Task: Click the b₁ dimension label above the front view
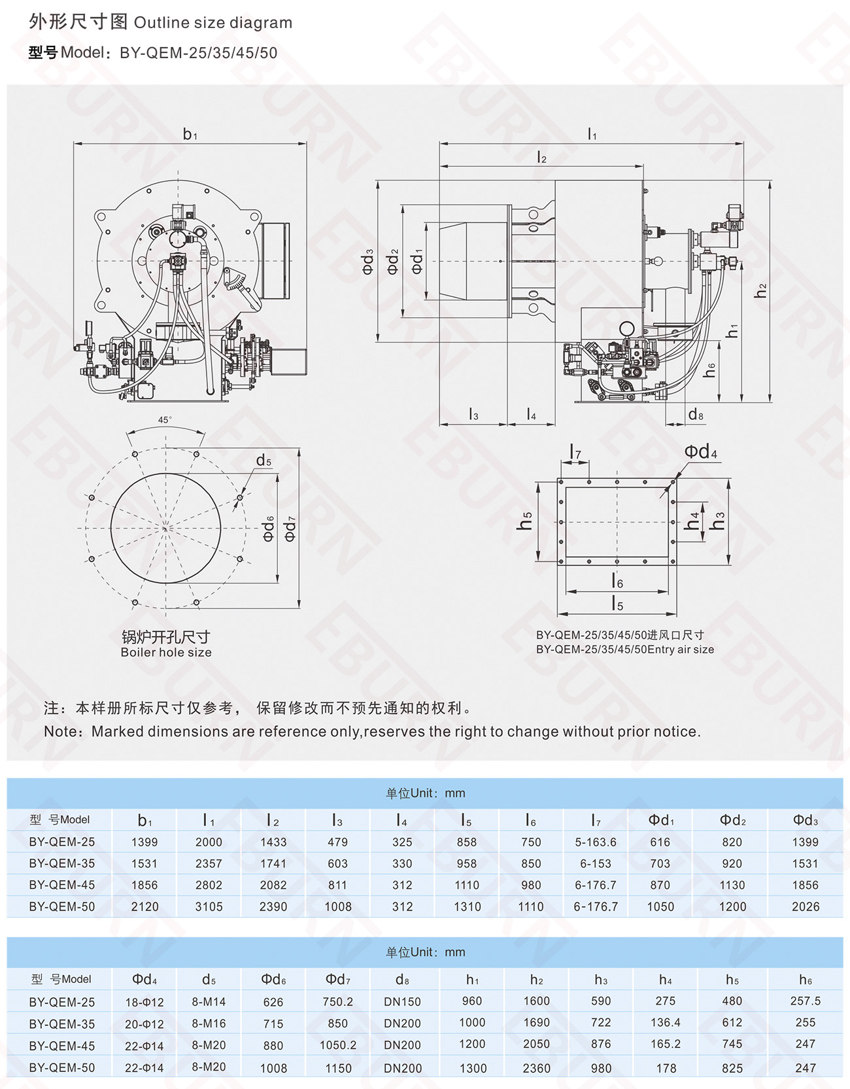tap(190, 135)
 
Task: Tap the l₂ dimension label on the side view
tap(541, 158)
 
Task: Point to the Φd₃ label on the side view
tap(368, 261)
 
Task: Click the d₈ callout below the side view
tap(696, 415)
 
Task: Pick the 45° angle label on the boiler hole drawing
tap(165, 420)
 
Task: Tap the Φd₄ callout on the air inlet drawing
tap(700, 452)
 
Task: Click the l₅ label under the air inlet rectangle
tap(617, 604)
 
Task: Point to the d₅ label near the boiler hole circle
tap(263, 461)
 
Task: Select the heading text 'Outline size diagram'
tap(213, 23)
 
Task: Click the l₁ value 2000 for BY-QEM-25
tap(209, 842)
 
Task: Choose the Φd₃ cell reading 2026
tap(805, 907)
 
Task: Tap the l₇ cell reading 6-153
tap(596, 863)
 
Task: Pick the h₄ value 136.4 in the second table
tap(666, 1023)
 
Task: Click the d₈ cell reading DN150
tap(402, 1002)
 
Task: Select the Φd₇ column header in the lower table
tap(338, 980)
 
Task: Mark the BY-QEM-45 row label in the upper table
tap(62, 885)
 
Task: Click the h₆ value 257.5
tap(805, 1001)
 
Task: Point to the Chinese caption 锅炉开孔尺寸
tap(166, 637)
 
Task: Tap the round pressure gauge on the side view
tap(628, 329)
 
